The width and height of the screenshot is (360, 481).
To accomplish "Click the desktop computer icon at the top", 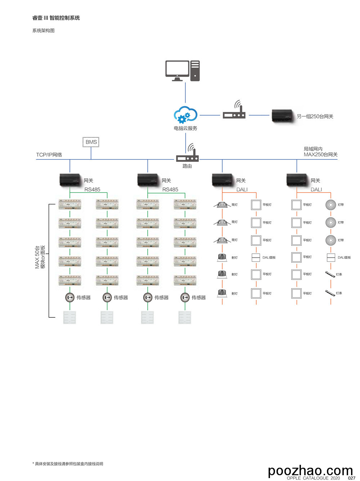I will click(x=182, y=71).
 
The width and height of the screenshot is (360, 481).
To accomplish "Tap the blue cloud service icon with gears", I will click(x=185, y=115).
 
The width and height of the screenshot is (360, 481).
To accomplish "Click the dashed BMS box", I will click(x=91, y=142).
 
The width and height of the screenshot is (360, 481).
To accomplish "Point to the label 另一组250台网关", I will click(x=315, y=116).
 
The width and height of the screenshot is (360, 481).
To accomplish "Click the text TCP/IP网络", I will click(x=49, y=155).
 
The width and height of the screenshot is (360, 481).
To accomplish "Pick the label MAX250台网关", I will click(x=320, y=155).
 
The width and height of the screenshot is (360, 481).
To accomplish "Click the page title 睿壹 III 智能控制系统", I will click(x=56, y=18).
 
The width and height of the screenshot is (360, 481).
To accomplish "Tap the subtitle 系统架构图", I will click(x=44, y=31).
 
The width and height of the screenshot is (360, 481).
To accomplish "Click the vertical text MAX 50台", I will click(x=37, y=257).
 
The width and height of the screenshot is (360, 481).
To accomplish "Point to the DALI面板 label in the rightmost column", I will click(x=344, y=258).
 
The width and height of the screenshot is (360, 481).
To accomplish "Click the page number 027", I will click(x=351, y=478).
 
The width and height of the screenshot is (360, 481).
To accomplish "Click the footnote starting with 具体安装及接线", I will click(x=68, y=464).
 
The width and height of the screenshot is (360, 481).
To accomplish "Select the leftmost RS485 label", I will click(x=92, y=190).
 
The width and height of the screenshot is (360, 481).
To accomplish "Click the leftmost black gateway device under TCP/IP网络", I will click(x=70, y=180).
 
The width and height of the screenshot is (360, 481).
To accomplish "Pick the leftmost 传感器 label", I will click(x=84, y=298).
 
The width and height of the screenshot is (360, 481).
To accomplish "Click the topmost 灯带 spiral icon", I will click(x=330, y=205).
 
